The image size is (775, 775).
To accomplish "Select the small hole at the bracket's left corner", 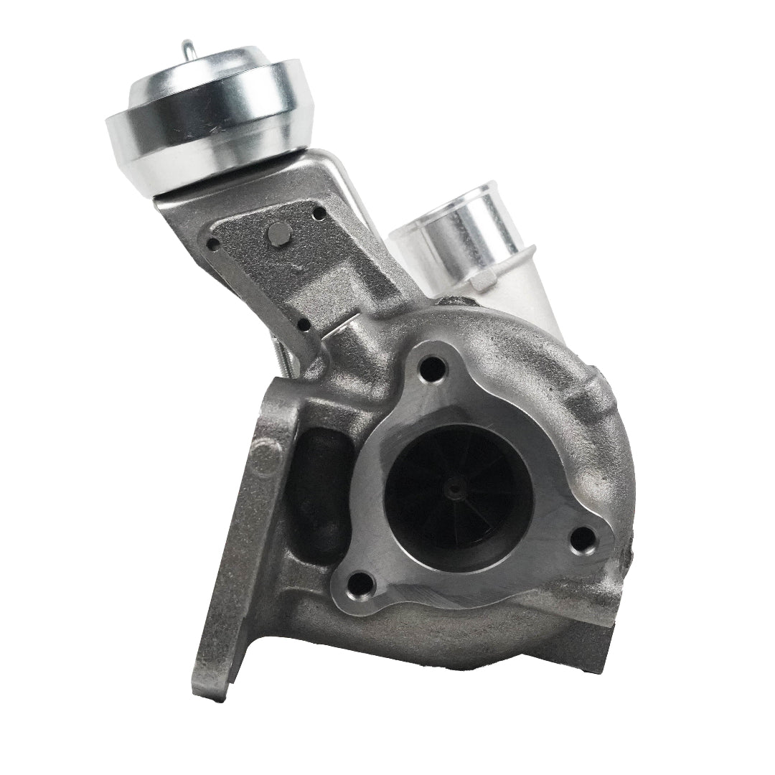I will point(212,244).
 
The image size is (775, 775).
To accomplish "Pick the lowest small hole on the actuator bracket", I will point(304,324).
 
